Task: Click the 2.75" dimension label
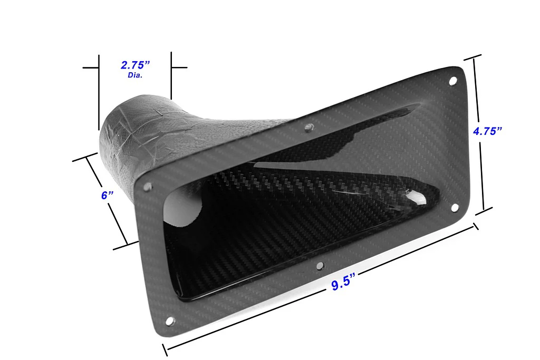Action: pyautogui.click(x=136, y=65)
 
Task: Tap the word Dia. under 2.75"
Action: pyautogui.click(x=136, y=75)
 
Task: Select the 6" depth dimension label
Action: pyautogui.click(x=108, y=195)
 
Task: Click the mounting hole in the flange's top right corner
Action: pyautogui.click(x=452, y=81)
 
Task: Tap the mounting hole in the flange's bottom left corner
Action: pyautogui.click(x=169, y=320)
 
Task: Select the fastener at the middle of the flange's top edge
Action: pyautogui.click(x=310, y=127)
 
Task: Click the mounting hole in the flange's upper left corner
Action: pyautogui.click(x=148, y=187)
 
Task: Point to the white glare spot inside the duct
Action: pyautogui.click(x=417, y=198)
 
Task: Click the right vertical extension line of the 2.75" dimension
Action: pyautogui.click(x=171, y=76)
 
